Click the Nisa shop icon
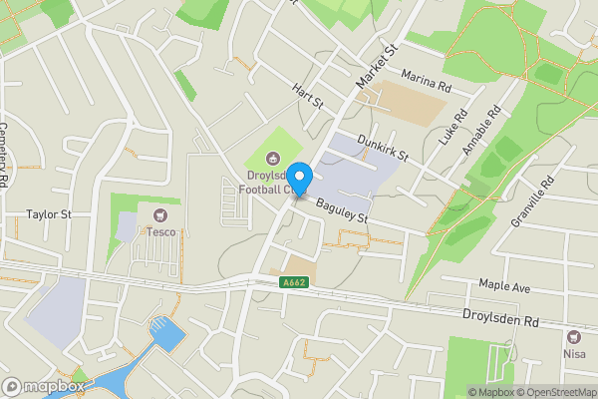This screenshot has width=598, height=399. coord(574,337)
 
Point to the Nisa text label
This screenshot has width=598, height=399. coord(574,354)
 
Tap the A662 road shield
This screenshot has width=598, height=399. coord(294,283)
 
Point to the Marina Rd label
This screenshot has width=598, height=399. coord(427,80)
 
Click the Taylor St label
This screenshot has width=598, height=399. coord(49,214)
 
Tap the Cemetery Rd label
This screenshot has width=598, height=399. coord(5,155)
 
